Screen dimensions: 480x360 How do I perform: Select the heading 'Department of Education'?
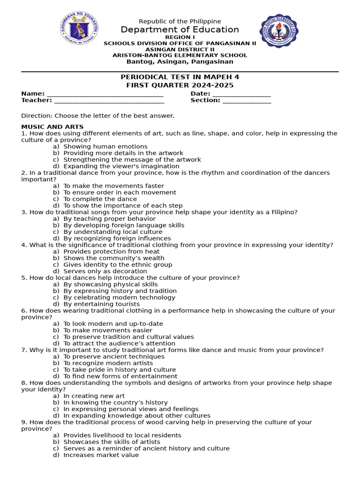tap(180, 30)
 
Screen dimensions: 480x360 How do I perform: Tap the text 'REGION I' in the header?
tap(180, 37)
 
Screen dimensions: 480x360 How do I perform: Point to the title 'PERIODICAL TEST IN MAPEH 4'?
tap(180, 77)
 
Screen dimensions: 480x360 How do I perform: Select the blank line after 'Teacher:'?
tap(109, 101)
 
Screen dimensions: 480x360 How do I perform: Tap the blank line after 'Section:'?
tap(247, 101)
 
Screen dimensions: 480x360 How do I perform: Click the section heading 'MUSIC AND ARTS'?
tap(52, 127)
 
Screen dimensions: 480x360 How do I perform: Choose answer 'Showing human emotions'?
tap(105, 147)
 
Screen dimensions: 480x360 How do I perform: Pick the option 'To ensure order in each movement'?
tap(120, 193)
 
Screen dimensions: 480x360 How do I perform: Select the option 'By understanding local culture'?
tap(113, 232)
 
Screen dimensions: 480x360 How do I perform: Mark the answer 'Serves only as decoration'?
tap(105, 271)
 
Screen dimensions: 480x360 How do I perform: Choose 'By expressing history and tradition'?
tap(120, 291)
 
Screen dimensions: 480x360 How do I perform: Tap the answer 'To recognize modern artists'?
tap(108, 363)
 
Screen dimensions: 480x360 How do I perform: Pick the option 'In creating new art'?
tap(94, 396)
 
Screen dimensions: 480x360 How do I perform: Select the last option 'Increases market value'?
tap(101, 455)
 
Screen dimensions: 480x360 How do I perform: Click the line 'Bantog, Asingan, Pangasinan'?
tap(180, 61)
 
